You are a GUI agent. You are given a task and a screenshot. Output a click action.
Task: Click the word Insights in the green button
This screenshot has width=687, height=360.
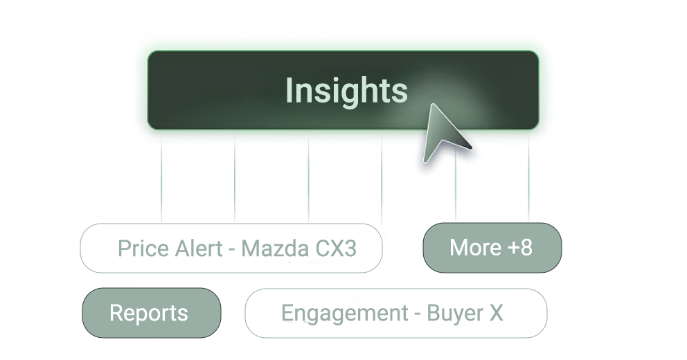346,91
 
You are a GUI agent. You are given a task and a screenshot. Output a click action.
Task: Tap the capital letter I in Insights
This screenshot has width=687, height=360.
289,91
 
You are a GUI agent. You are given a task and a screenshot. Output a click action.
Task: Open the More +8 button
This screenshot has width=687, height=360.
491,247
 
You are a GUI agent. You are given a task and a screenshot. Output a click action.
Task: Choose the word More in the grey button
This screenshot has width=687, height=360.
475,247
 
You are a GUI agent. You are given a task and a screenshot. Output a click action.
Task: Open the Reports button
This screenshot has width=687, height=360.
149,313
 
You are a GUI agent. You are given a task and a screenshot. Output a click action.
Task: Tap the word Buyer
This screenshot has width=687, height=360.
454,313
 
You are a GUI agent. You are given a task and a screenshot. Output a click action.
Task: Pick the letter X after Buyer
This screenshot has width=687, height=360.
494,313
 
